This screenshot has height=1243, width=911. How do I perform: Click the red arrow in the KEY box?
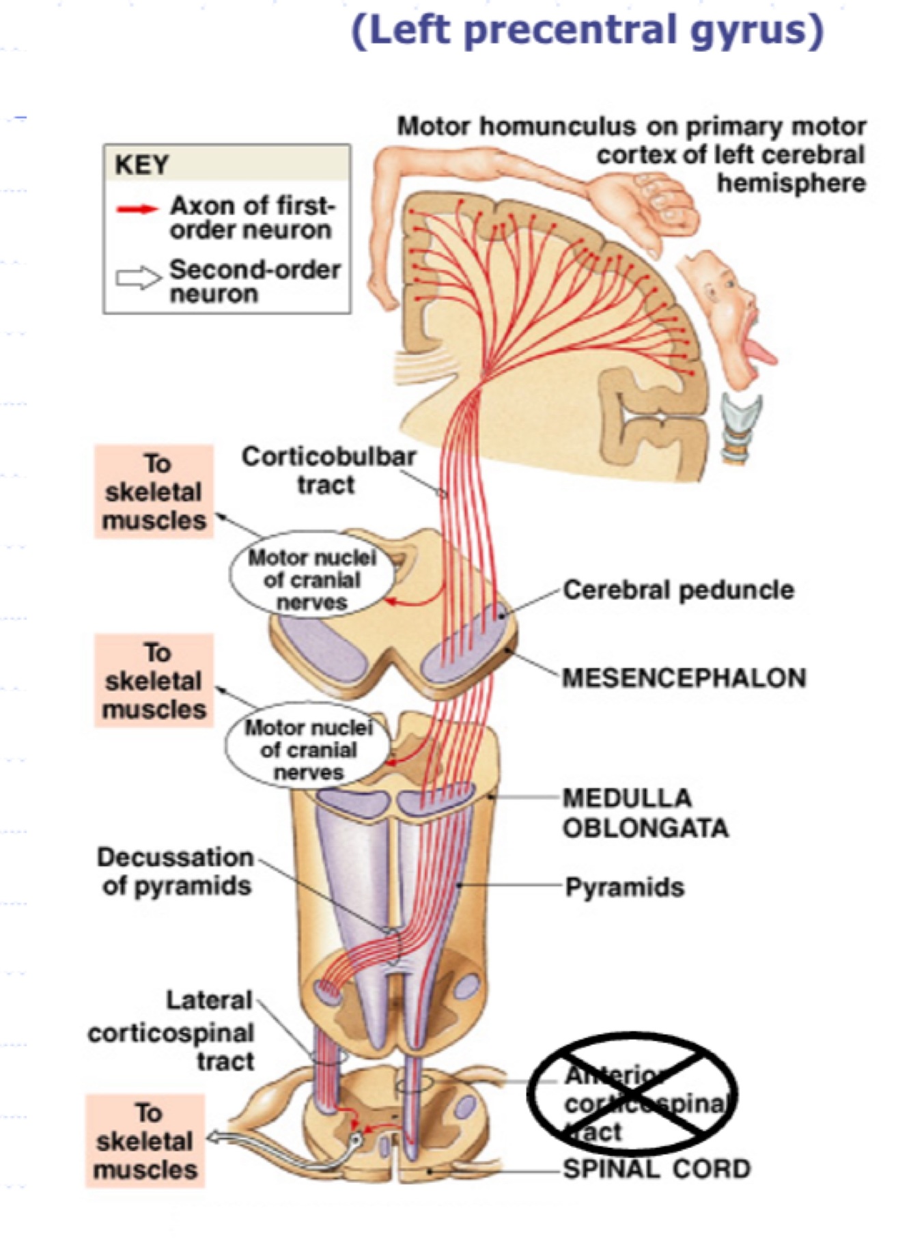tap(138, 208)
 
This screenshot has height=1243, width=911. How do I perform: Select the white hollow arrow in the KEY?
tap(137, 278)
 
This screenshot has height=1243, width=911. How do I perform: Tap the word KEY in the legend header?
tap(141, 165)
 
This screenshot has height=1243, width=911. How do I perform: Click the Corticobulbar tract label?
tap(328, 470)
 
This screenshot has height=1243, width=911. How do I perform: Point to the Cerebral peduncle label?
tap(678, 590)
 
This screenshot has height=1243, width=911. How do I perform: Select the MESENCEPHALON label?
tap(684, 678)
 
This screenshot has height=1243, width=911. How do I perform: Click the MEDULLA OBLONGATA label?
tap(645, 813)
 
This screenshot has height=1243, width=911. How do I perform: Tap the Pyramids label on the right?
tap(624, 888)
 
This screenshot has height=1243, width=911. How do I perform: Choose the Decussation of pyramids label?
tap(176, 871)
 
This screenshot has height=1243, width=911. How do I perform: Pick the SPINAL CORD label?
tap(656, 1169)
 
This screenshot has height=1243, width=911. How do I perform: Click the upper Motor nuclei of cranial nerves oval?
tap(312, 580)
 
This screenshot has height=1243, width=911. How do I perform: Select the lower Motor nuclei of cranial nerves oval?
tap(309, 750)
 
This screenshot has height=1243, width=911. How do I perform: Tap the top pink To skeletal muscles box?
tap(154, 492)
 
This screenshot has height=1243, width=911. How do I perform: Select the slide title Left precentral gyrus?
tap(587, 31)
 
